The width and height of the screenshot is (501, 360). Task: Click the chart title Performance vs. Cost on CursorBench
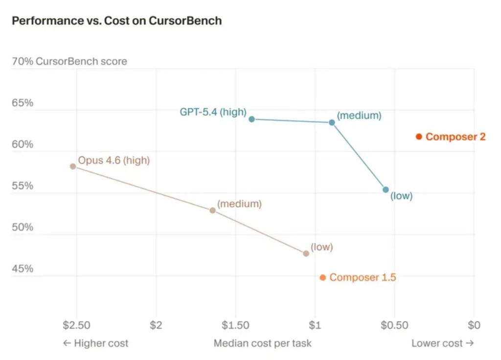[116, 21]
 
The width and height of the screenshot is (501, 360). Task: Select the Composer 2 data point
[419, 136]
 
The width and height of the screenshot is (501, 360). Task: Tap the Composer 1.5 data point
[323, 277]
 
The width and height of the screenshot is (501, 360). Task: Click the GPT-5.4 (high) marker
[251, 119]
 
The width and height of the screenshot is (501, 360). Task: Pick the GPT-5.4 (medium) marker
[332, 122]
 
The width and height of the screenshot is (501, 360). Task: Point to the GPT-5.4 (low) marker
[386, 189]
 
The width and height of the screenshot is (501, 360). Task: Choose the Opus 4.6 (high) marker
[73, 166]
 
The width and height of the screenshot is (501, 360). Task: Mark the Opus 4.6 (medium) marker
[212, 210]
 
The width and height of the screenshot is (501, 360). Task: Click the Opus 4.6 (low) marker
[306, 253]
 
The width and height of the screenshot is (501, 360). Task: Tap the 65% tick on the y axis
[23, 103]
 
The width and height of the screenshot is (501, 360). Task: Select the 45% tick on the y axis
[23, 269]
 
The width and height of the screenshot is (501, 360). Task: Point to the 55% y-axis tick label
[23, 186]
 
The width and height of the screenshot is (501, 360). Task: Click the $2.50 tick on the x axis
[76, 325]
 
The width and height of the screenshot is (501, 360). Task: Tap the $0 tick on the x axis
[474, 325]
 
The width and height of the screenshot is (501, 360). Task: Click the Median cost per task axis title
[262, 343]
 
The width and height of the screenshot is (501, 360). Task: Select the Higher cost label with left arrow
[95, 343]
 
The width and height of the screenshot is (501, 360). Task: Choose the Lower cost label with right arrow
[442, 343]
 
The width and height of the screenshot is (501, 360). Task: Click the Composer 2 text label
[455, 137]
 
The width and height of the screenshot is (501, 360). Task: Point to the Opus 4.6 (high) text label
[114, 160]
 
